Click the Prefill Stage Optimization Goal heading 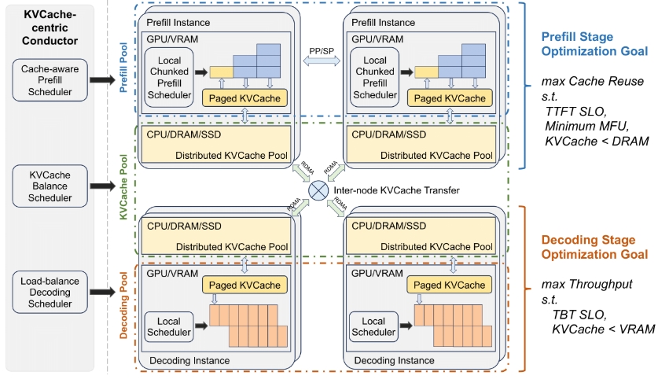(594, 44)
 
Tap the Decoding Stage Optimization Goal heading (593, 247)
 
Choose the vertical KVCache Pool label (124, 186)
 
